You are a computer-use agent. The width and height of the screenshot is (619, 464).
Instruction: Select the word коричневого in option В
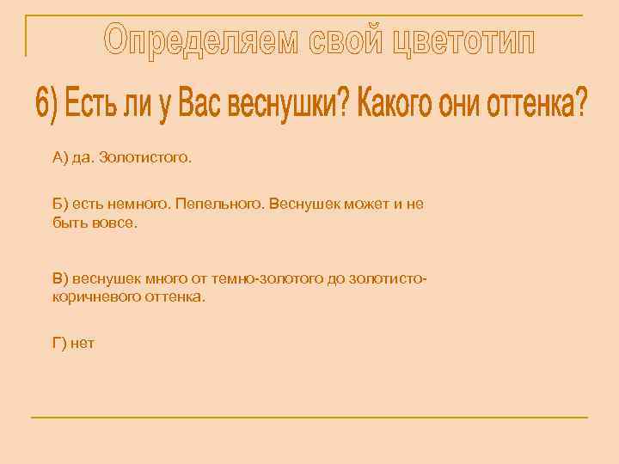tap(94, 296)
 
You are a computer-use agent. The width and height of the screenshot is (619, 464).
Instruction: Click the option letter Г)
tap(59, 344)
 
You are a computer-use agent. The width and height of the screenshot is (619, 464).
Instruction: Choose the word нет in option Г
tap(83, 344)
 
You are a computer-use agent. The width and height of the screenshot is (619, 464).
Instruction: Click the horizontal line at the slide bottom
tap(309, 418)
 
